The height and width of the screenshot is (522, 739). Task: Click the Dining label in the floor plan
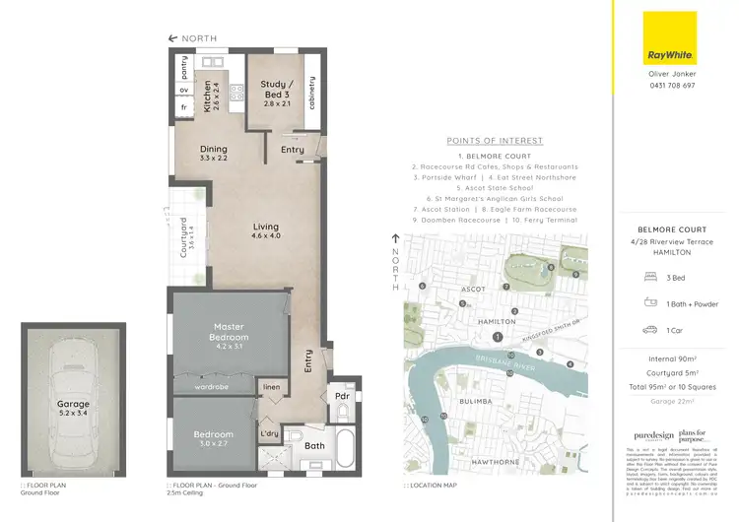tap(214, 150)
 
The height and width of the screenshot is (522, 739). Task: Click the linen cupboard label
tap(272, 389)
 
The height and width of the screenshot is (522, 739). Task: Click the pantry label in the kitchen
tap(184, 66)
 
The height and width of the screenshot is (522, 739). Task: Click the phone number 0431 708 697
tap(669, 86)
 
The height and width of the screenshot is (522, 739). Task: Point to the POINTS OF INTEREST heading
tap(491, 140)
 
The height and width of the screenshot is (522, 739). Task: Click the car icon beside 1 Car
tap(649, 330)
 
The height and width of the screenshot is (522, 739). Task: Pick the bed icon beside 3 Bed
tap(649, 277)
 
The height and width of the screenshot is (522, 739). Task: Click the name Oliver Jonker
tap(669, 75)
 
